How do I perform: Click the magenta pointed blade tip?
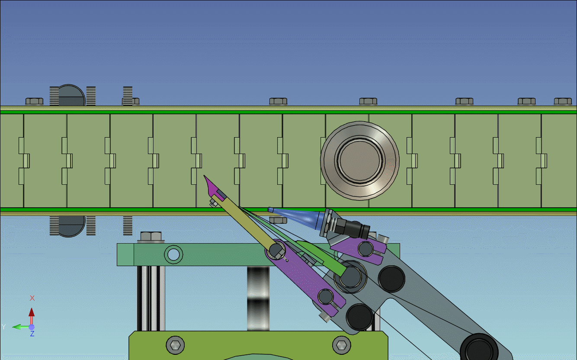pyautogui.click(x=204, y=176)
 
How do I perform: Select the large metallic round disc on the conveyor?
pyautogui.click(x=360, y=161)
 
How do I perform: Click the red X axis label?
pyautogui.click(x=32, y=298)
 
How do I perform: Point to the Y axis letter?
pyautogui.click(x=3, y=327)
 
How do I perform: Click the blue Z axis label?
pyautogui.click(x=32, y=334)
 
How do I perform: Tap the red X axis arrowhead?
pyautogui.click(x=32, y=312)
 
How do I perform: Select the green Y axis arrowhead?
pyautogui.click(x=17, y=327)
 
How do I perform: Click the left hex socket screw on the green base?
pyautogui.click(x=176, y=345)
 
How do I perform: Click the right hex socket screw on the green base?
pyautogui.click(x=342, y=345)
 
